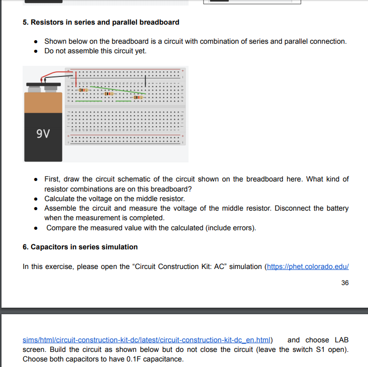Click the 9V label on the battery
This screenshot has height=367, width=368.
coord(43,134)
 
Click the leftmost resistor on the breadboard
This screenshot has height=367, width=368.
coord(83,89)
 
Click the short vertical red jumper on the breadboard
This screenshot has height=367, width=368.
coord(76,78)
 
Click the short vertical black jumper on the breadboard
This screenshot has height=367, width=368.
coord(146,80)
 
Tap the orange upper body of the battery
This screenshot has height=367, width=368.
coord(43,103)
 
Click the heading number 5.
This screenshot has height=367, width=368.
coord(25,22)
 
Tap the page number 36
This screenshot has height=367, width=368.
coord(344,283)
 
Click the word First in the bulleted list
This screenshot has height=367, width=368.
coord(52,179)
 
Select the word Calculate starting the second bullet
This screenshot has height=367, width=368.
coord(60,199)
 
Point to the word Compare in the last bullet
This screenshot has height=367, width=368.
coord(62,228)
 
